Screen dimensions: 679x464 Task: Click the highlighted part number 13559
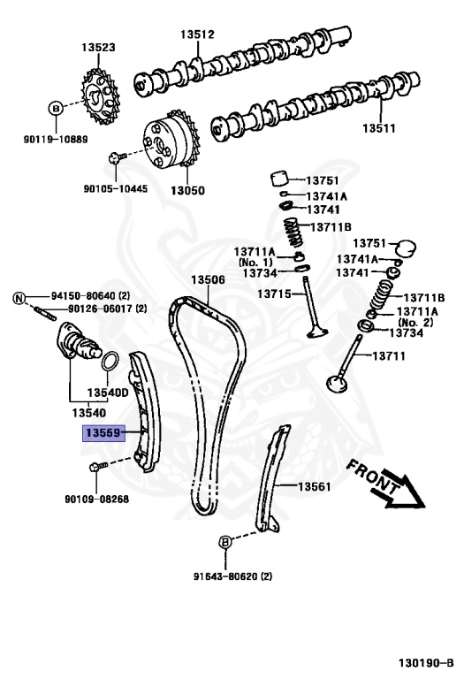pos(104,433)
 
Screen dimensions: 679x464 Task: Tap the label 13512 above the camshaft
pos(198,34)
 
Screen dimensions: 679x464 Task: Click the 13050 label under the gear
pos(186,189)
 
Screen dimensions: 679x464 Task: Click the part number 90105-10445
pos(116,188)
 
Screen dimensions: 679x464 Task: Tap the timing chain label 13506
pos(209,279)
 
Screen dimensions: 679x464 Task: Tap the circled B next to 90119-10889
pos(54,109)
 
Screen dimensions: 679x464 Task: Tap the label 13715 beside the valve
pos(275,294)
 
